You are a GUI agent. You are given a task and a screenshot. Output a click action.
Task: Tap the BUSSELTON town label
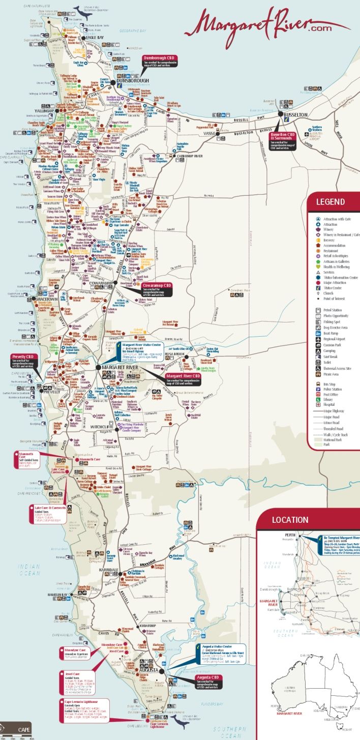click(296, 115)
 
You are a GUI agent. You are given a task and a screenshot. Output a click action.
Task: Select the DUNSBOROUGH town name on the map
click(118, 80)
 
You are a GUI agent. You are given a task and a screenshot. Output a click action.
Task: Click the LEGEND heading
click(331, 202)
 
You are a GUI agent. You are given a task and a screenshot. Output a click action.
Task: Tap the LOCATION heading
click(290, 520)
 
